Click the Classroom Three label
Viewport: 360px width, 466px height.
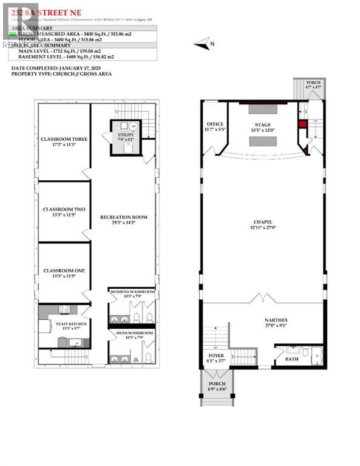click(x=64, y=141)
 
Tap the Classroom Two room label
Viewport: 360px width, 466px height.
click(x=64, y=212)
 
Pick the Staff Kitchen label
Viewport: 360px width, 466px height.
click(x=72, y=326)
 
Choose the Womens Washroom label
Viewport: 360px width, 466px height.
click(x=132, y=294)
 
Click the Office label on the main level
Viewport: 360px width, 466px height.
click(x=215, y=126)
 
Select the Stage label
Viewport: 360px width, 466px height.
click(x=263, y=127)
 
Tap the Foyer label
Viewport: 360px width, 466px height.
click(x=214, y=359)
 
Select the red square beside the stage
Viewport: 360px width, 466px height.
click(x=303, y=124)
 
